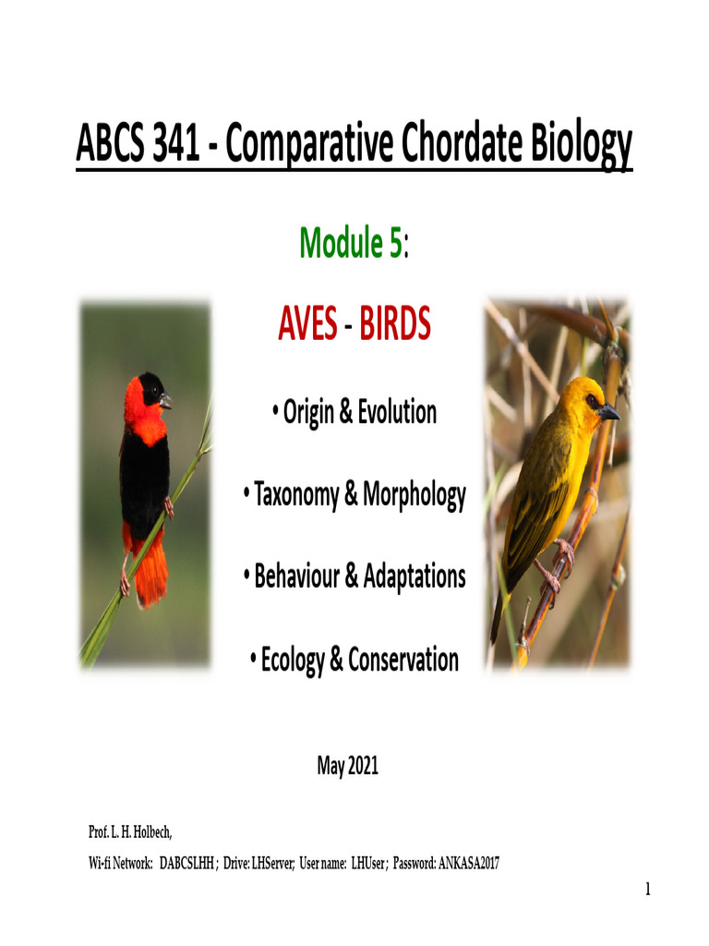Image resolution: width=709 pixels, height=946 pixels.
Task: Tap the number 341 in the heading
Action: click(166, 145)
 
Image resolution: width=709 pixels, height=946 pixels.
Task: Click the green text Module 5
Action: click(350, 243)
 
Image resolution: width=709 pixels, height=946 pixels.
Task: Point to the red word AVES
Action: click(307, 324)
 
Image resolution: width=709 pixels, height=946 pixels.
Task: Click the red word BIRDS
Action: click(395, 324)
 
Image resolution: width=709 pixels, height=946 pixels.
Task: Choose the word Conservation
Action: click(404, 660)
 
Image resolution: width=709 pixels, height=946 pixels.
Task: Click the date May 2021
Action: click(348, 766)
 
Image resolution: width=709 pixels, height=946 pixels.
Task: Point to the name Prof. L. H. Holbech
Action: click(130, 833)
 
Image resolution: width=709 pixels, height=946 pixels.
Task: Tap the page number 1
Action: click(648, 890)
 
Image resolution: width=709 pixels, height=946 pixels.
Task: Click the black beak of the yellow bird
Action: click(607, 413)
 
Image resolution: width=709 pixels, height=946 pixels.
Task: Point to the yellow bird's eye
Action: click(591, 401)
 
